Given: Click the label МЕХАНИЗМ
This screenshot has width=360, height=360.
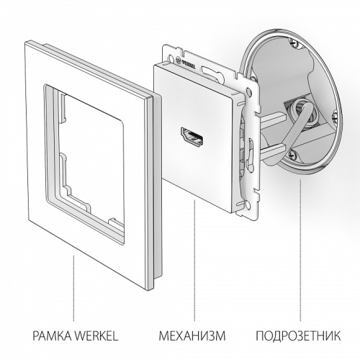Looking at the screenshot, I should (x=188, y=335).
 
